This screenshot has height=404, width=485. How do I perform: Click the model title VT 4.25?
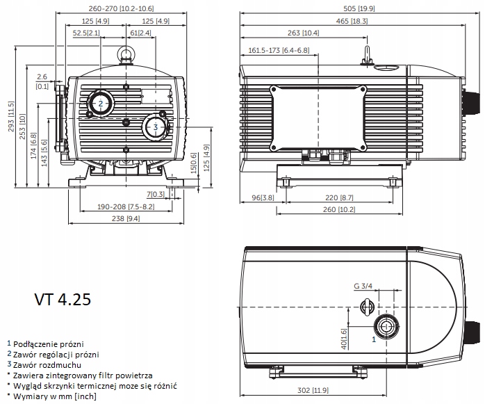coord(63,300)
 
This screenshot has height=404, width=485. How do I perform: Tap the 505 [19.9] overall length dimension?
coord(359,8)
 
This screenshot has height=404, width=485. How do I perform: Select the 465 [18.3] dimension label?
coord(352,21)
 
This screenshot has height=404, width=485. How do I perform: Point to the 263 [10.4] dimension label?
coord(303,33)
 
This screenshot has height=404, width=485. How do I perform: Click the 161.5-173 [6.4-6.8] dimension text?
coord(279,50)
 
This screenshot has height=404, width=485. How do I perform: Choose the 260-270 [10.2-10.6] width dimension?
coord(121,8)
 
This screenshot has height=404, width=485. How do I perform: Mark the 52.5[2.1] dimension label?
coord(86,33)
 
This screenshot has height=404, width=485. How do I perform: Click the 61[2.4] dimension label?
coord(141,33)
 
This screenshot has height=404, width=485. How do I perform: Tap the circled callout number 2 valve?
coord(101,104)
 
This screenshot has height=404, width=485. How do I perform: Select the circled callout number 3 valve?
coord(155,127)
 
